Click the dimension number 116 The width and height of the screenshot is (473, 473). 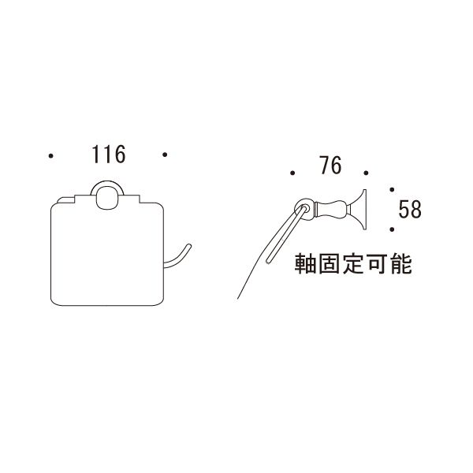(109, 155)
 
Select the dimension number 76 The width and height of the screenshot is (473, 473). (330, 166)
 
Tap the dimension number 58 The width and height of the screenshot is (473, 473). (410, 209)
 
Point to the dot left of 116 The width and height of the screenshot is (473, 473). (51, 156)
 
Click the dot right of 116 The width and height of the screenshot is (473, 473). (165, 155)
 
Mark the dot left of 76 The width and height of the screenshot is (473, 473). (292, 173)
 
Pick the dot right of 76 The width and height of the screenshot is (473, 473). (366, 173)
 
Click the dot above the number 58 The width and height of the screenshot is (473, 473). (392, 189)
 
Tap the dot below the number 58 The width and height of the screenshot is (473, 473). (392, 229)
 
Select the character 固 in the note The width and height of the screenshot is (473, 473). (329, 263)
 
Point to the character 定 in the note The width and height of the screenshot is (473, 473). (353, 263)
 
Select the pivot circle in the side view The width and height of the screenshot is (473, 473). (304, 209)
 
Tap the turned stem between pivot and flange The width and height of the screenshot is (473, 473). (332, 209)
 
